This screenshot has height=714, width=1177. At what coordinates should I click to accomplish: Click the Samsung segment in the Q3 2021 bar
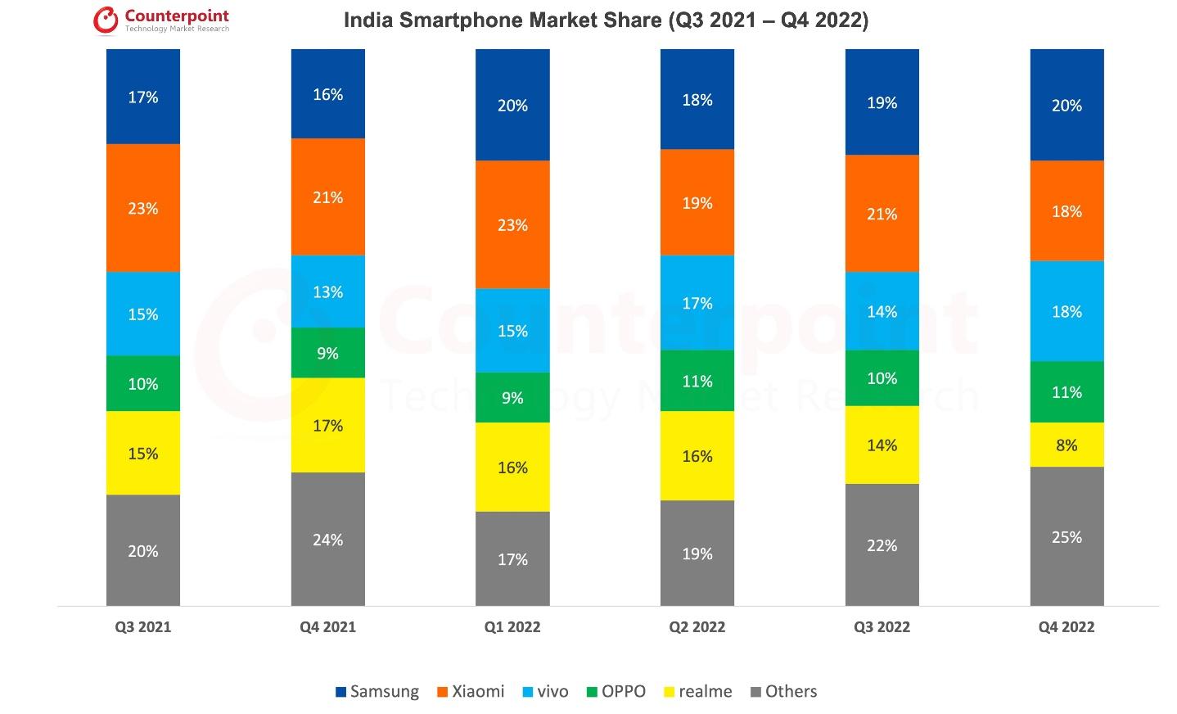coord(142,97)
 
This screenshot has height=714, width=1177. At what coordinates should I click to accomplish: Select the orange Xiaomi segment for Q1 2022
coord(512,224)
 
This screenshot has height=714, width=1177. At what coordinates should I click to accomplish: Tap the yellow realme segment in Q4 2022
coord(1067,445)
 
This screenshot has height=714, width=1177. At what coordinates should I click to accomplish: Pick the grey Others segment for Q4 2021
coord(327,539)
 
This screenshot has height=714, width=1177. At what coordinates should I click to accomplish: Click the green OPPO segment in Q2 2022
coord(697,381)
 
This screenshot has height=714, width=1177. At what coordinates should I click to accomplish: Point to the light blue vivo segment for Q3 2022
coord(882,311)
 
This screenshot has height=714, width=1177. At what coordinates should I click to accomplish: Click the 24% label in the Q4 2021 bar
coord(327,540)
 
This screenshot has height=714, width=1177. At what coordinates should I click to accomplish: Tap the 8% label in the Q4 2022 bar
coord(1067,445)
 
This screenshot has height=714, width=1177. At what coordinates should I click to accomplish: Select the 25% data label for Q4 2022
coord(1067,537)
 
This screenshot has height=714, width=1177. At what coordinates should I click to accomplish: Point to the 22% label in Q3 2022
coord(882,545)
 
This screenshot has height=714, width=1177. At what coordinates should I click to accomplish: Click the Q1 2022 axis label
coord(512,627)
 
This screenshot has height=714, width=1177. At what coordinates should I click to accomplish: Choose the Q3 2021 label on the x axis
coord(142,627)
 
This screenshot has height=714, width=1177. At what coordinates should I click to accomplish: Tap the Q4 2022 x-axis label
coord(1067,627)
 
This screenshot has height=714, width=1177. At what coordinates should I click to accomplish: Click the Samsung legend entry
coord(377,692)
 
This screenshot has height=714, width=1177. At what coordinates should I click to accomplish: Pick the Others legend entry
coord(783,692)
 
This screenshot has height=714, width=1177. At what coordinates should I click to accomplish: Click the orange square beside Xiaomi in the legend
coord(443,693)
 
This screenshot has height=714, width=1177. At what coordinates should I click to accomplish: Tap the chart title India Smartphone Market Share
coord(606,20)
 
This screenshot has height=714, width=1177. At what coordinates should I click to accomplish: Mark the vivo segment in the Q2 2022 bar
coord(697,303)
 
